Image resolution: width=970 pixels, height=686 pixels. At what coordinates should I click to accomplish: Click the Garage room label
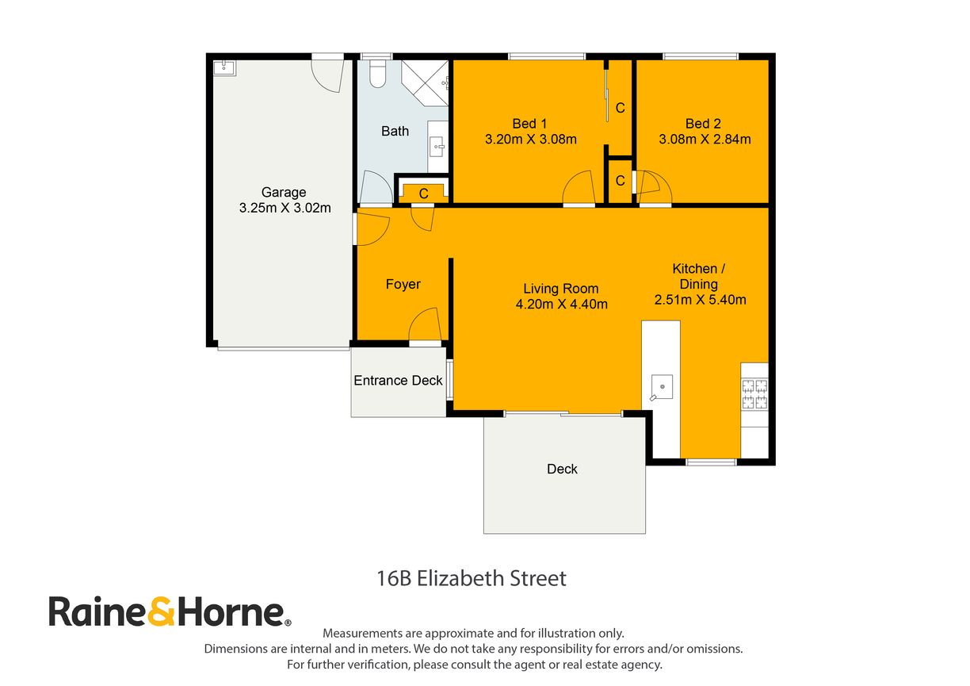pyautogui.click(x=284, y=192)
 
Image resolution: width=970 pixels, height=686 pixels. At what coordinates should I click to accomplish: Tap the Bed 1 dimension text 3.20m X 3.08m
pyautogui.click(x=530, y=139)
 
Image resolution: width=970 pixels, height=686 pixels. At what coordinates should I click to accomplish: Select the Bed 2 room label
pyautogui.click(x=703, y=123)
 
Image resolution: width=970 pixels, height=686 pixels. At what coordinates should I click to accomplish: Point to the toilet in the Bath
pyautogui.click(x=377, y=73)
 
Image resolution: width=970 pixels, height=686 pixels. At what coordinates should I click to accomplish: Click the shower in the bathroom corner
pyautogui.click(x=426, y=82)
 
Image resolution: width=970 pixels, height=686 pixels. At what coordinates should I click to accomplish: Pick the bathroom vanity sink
pyautogui.click(x=437, y=146)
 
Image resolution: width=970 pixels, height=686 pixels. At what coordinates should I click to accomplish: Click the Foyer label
pyautogui.click(x=403, y=284)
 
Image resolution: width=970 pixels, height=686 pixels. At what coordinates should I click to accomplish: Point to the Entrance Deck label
pyautogui.click(x=398, y=381)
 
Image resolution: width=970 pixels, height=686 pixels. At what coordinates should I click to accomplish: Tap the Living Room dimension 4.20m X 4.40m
pyautogui.click(x=561, y=304)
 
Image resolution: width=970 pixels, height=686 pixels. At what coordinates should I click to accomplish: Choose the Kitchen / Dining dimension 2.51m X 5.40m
pyautogui.click(x=700, y=300)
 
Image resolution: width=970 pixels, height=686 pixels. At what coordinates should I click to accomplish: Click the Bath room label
pyautogui.click(x=395, y=131)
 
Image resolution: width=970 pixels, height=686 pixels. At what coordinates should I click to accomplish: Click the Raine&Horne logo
pyautogui.click(x=170, y=612)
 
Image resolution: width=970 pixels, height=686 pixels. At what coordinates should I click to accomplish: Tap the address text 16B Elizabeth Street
pyautogui.click(x=472, y=578)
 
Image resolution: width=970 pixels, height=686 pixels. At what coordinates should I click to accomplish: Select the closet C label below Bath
pyautogui.click(x=423, y=193)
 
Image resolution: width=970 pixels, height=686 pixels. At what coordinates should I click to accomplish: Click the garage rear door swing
pyautogui.click(x=326, y=74)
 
